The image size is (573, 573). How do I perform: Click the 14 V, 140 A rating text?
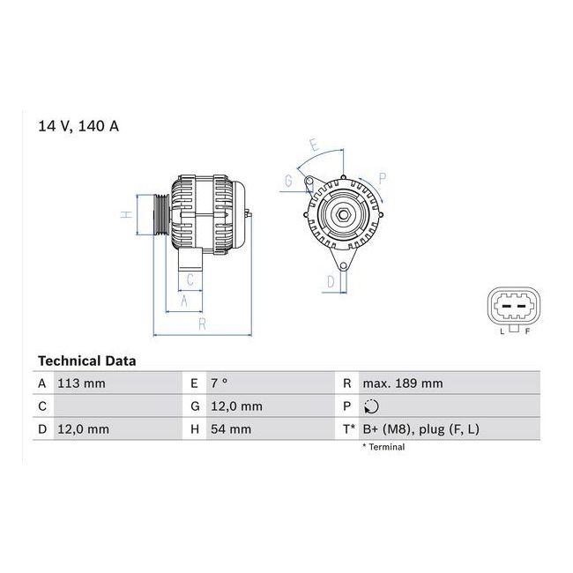click(x=78, y=126)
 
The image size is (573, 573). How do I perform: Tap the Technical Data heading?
click(x=87, y=361)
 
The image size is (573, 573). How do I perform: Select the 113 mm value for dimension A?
click(x=81, y=383)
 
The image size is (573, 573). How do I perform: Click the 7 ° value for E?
click(x=220, y=383)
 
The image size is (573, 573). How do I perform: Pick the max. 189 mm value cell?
click(x=403, y=383)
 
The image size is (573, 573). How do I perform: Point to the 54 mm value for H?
click(x=231, y=429)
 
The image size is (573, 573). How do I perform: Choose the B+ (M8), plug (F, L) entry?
click(x=421, y=429)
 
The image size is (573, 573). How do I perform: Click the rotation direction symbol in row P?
click(x=371, y=406)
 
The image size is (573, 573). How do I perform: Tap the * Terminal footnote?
click(x=383, y=447)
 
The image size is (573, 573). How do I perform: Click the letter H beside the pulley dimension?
click(x=126, y=214)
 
